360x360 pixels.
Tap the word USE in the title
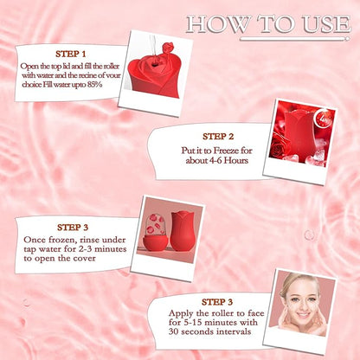tap(326, 24)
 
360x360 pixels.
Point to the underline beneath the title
tap(294, 39)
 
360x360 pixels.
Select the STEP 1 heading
tap(71, 54)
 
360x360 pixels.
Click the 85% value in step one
tap(94, 85)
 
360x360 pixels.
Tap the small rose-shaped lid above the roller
tap(168, 48)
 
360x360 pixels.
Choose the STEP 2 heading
tap(218, 137)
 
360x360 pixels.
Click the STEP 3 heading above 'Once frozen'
tap(73, 228)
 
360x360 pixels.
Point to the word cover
tap(84, 258)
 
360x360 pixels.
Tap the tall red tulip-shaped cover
tap(182, 231)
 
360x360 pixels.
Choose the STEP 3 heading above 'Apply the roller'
tap(217, 302)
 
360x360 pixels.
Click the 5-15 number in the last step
tap(193, 322)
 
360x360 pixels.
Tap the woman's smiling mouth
tap(304, 314)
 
